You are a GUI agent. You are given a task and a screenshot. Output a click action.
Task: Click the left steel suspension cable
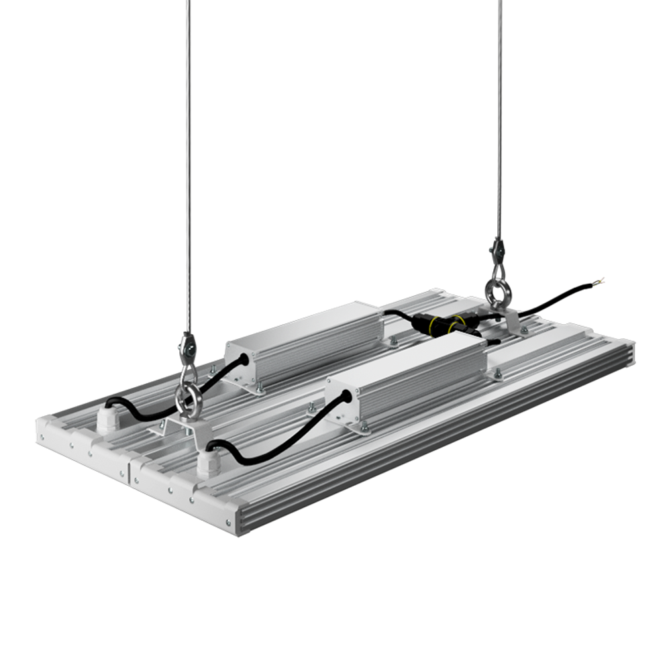point(187,168)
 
